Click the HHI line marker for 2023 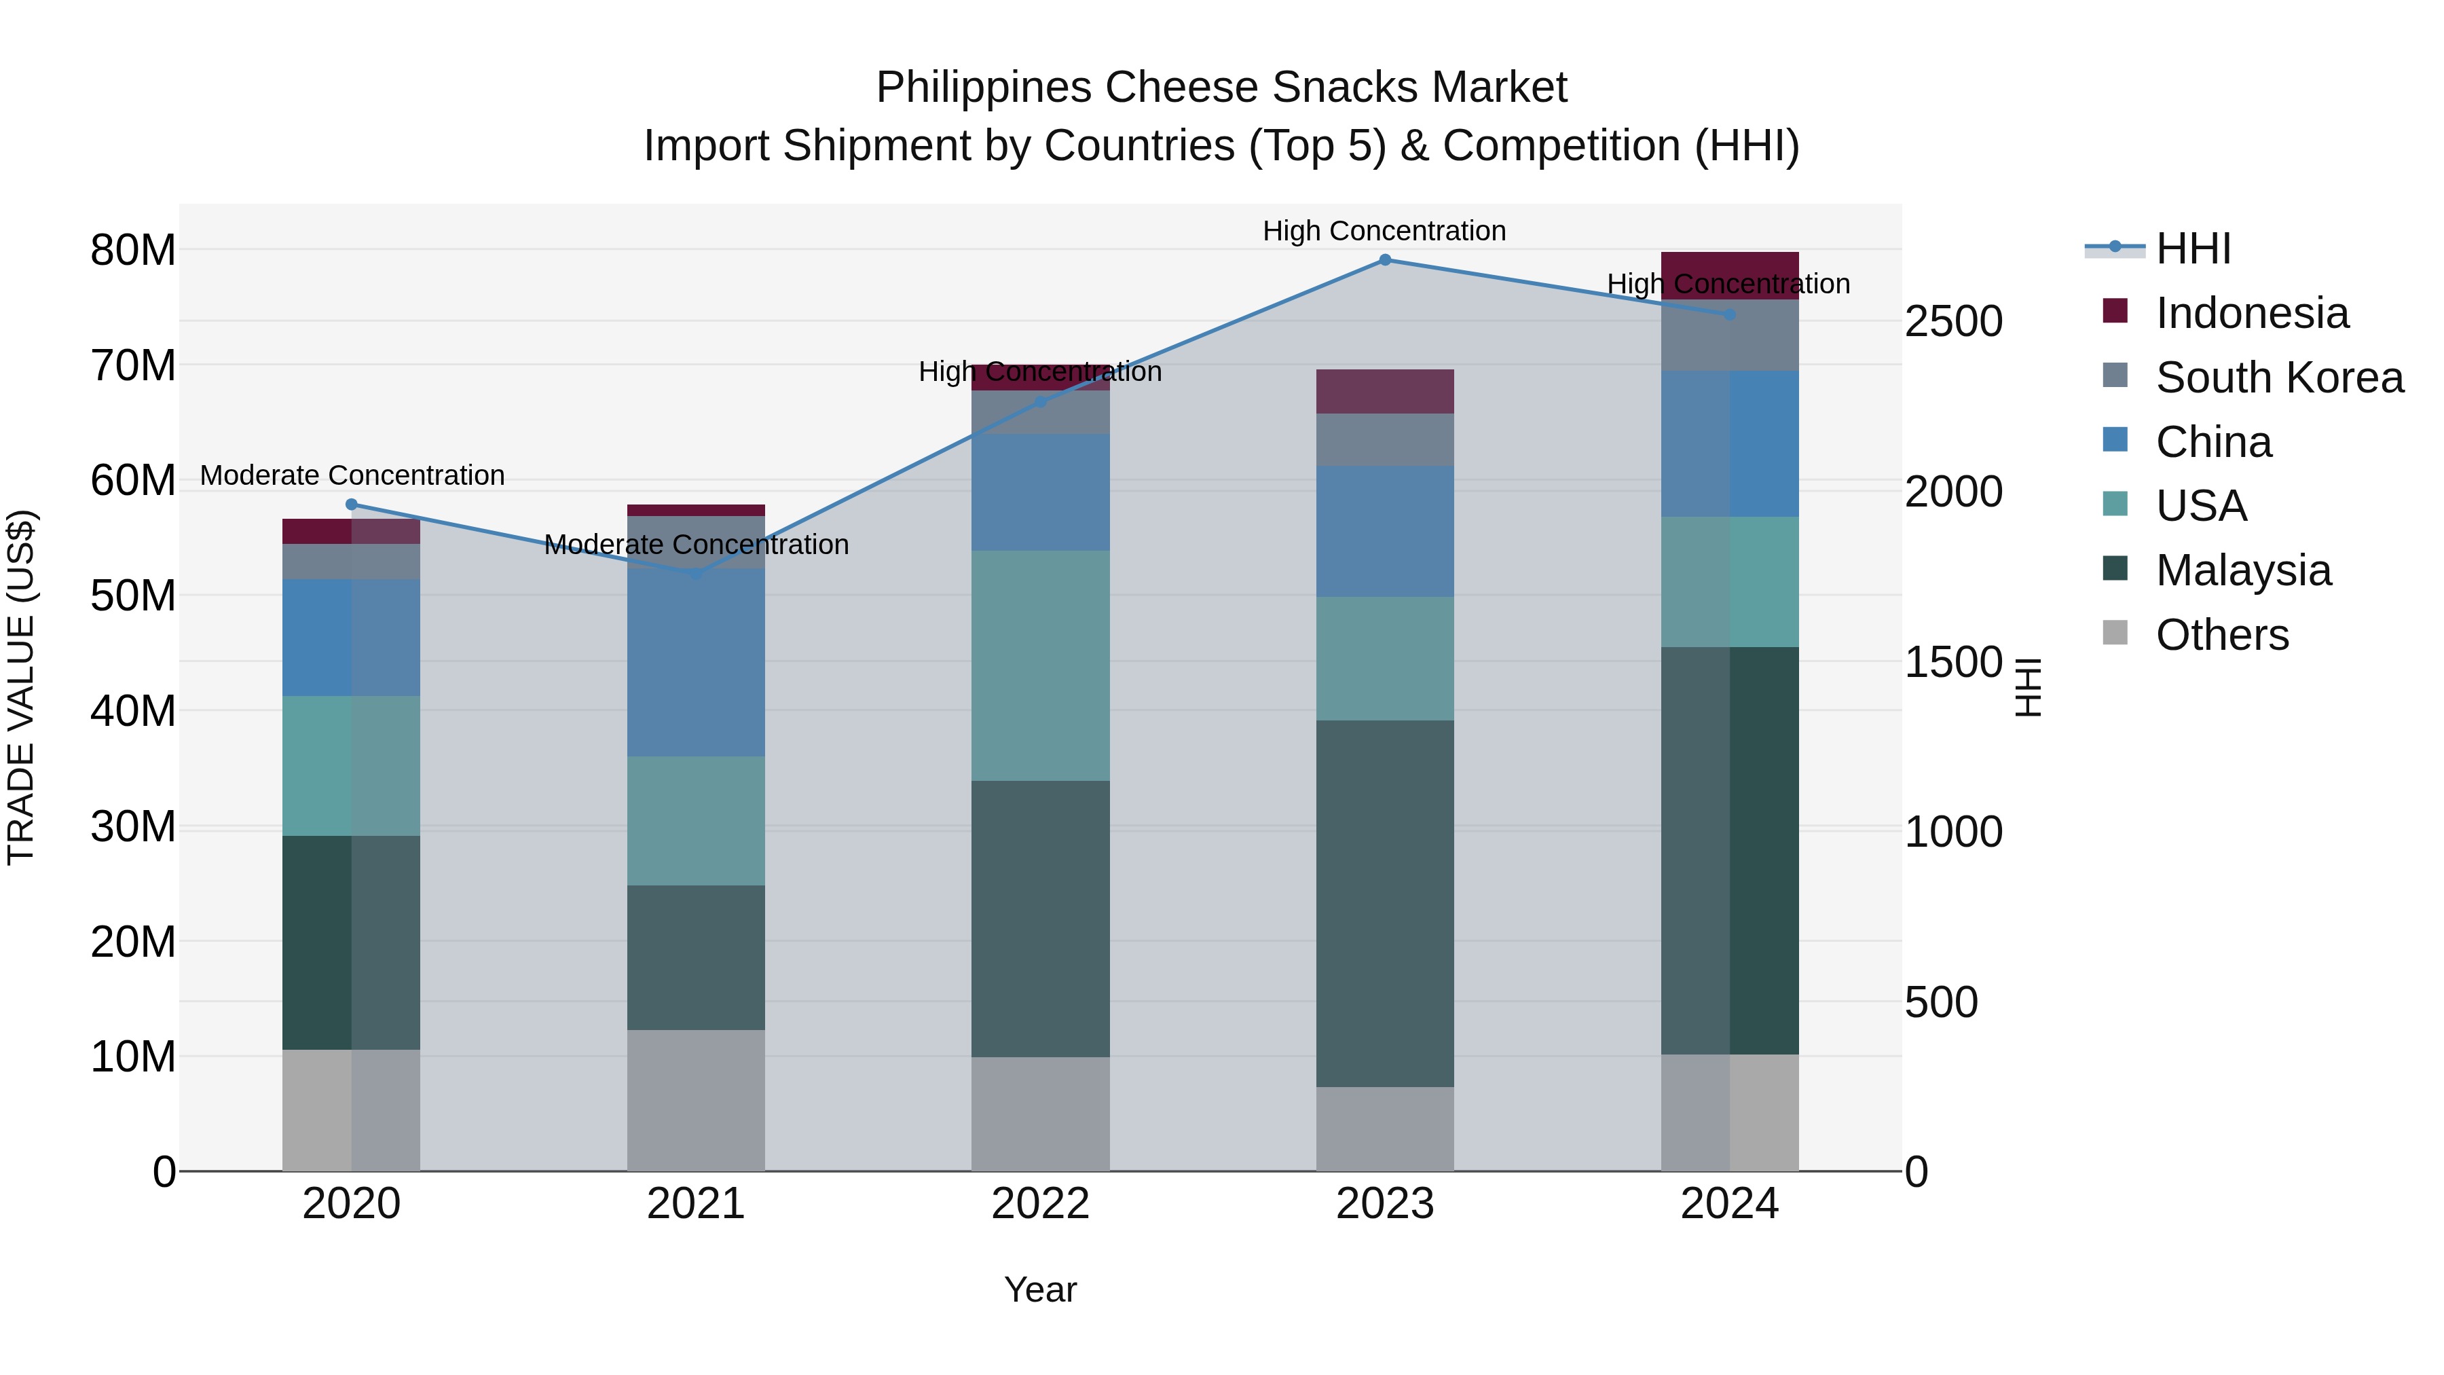[x=1384, y=260]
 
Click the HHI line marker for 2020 [x=351, y=505]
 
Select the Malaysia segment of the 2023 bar [x=1384, y=902]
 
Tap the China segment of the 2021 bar [x=695, y=661]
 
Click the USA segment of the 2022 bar [x=1040, y=665]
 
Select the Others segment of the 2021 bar [x=695, y=1100]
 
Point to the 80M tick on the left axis [x=133, y=251]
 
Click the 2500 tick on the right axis [x=1953, y=322]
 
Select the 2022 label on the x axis [x=1040, y=1204]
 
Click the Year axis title [x=1040, y=1289]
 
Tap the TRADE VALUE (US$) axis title [x=21, y=687]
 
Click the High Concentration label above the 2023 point [x=1384, y=231]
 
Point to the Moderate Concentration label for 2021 [x=695, y=545]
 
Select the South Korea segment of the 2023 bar [x=1384, y=439]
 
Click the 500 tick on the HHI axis [x=1940, y=1002]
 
